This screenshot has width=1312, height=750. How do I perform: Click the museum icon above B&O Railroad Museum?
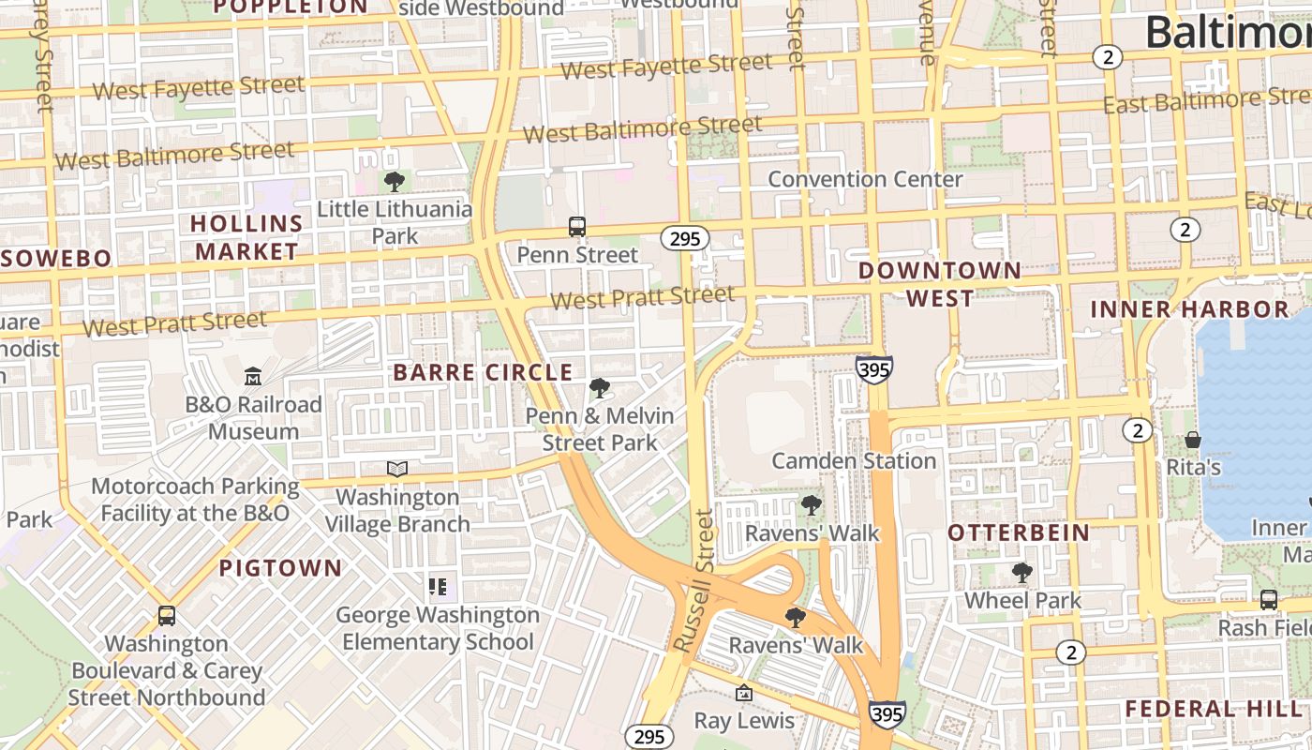pos(252,377)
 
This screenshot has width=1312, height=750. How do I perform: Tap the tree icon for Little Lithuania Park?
pos(395,181)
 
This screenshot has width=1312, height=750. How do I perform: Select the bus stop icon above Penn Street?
pos(577,227)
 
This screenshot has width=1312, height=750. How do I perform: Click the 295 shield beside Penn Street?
pos(685,238)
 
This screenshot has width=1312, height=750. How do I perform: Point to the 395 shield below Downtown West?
pos(873,369)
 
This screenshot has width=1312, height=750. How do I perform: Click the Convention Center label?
pos(865,179)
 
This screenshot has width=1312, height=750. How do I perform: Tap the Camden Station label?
pos(854,461)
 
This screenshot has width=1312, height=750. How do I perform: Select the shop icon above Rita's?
pos(1193,439)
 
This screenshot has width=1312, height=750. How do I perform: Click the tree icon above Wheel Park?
pos(1022,572)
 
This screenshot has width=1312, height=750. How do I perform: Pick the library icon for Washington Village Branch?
pos(397,469)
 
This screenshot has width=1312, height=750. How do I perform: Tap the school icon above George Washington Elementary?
pos(438,587)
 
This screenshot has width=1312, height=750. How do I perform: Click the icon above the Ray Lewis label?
pos(744,693)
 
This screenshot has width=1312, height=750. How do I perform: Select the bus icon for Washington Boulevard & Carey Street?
pos(167,616)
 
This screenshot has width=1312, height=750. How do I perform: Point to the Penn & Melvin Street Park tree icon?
pos(599,387)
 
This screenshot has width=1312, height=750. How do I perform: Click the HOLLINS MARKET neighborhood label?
pos(246,237)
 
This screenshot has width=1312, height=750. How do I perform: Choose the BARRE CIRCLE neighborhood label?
pos(483,372)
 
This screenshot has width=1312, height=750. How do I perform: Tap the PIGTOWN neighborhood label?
pos(281,568)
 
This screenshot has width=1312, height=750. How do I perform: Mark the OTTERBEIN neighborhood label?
pos(1019,533)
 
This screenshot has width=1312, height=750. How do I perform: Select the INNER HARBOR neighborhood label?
pos(1189,308)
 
